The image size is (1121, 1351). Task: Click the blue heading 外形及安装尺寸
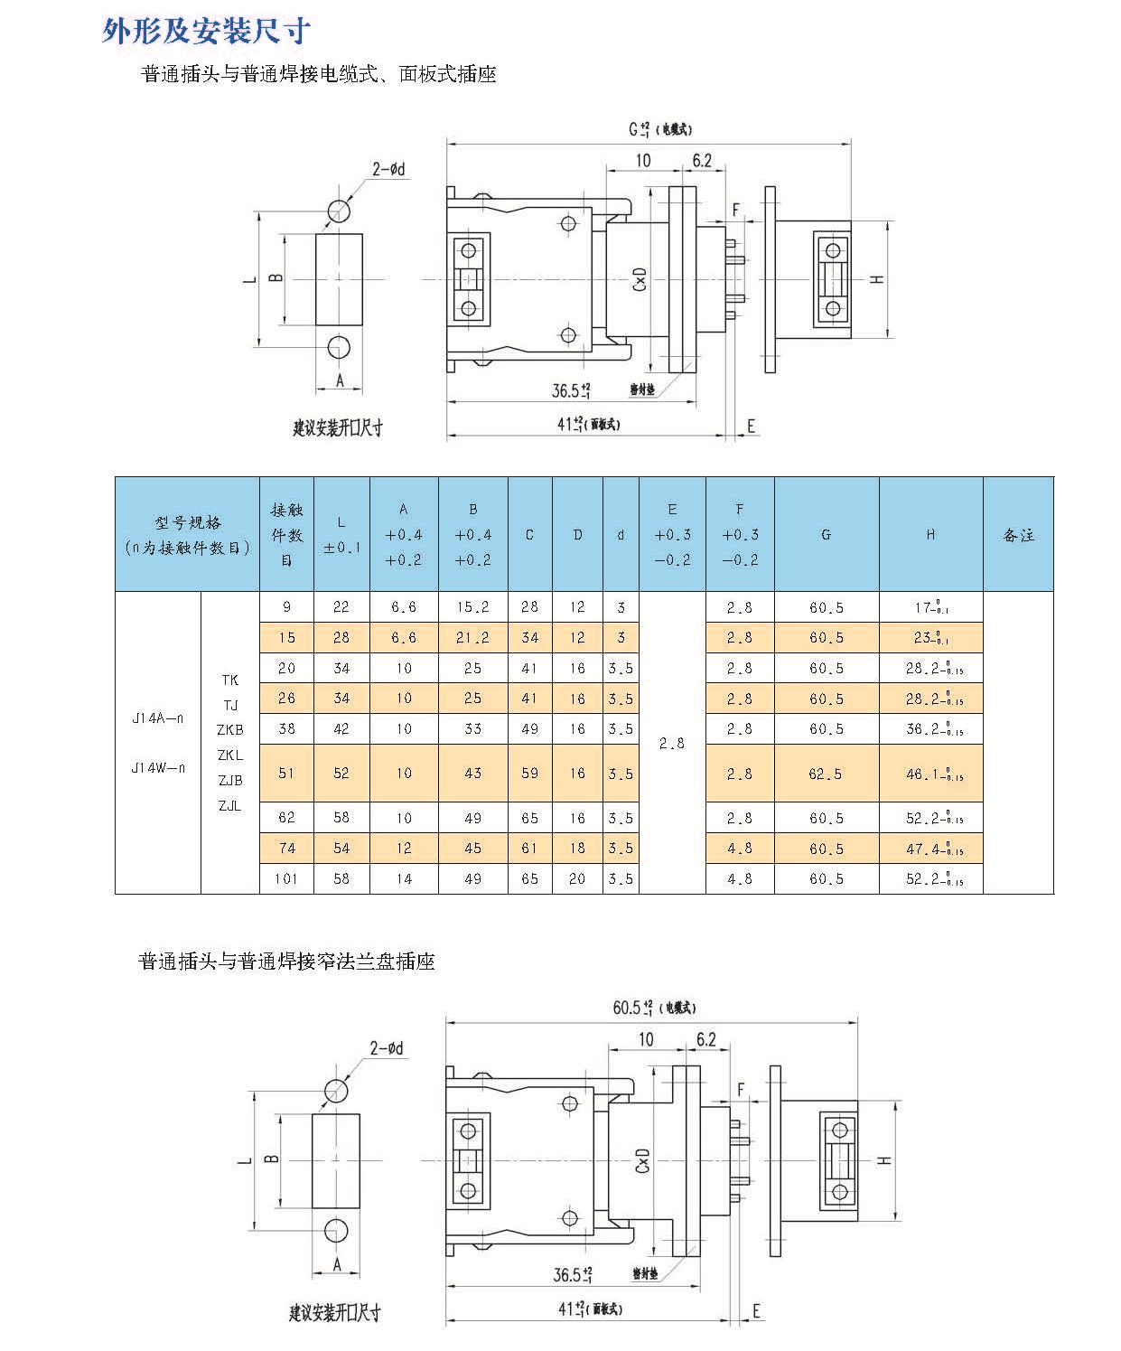coord(207,32)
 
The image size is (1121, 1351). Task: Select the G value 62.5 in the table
coord(826,774)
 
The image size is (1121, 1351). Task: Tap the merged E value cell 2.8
coord(672,743)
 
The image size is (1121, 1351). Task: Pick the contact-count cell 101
coord(286,878)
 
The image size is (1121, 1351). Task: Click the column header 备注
coord(1018,535)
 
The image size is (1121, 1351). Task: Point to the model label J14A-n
coord(157,718)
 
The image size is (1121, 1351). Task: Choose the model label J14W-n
coord(157,768)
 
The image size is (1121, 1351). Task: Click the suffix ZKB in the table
coord(229,729)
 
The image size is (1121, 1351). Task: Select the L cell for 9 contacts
coord(341,607)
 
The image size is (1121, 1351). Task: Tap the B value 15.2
coord(472,607)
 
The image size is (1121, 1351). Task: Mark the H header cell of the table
coord(930,535)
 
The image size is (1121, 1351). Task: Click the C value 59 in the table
coord(529,774)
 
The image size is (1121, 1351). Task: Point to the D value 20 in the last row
coord(577,878)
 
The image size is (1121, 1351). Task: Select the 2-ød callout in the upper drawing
coord(389,169)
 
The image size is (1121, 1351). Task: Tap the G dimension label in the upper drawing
coord(640,129)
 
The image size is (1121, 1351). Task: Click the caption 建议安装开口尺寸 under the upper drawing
coord(338,427)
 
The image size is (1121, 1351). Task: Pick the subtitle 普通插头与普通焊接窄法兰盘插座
coord(286,962)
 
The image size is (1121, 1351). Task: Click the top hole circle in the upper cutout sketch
coord(340,210)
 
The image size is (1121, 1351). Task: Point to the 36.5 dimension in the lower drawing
coord(573,1274)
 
